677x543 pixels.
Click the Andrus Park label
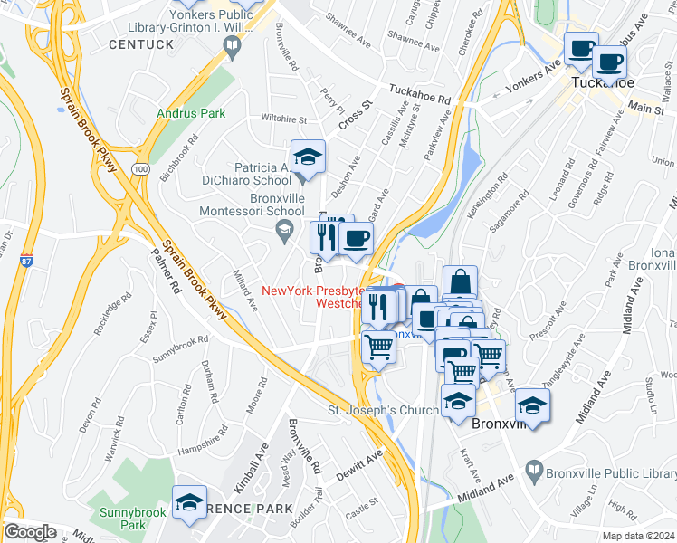(190, 114)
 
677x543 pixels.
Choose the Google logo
(29, 532)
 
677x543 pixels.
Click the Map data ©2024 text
(637, 536)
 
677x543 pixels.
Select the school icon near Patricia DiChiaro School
(308, 157)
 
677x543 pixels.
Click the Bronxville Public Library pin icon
(535, 471)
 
